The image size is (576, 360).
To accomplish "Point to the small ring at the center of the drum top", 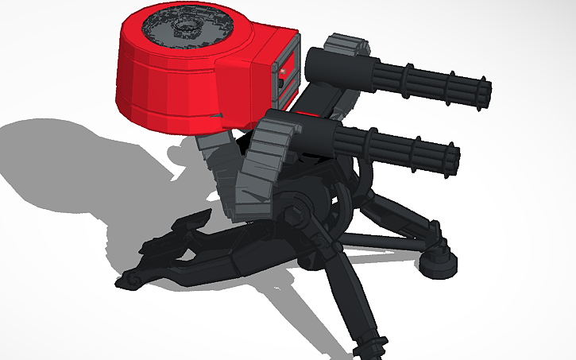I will click(x=188, y=29).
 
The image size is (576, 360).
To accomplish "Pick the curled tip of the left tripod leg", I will click(x=127, y=279).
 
